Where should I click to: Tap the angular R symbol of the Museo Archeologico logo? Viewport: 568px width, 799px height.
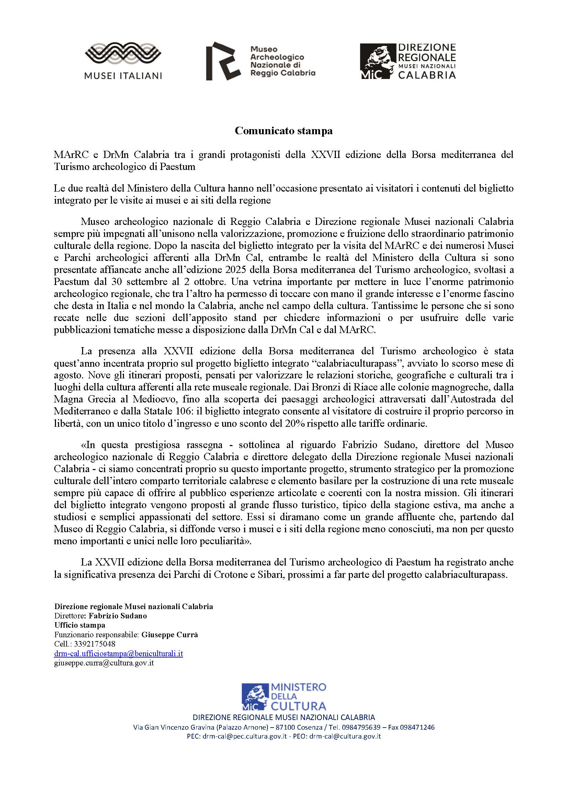click(x=223, y=61)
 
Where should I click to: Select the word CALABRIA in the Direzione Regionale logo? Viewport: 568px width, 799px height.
click(x=427, y=75)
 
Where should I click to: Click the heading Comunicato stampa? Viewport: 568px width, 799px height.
click(x=284, y=131)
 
